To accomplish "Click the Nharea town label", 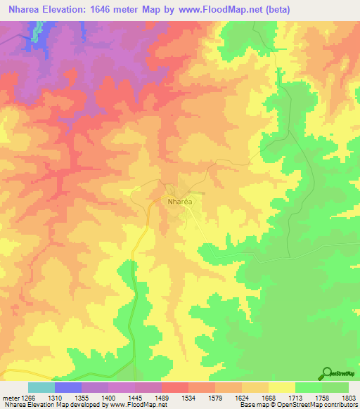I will point(181,201).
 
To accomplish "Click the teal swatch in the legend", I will point(41,387).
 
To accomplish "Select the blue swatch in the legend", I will point(67,387).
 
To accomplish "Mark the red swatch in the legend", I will point(174,387).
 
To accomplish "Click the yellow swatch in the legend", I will point(281,387).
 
